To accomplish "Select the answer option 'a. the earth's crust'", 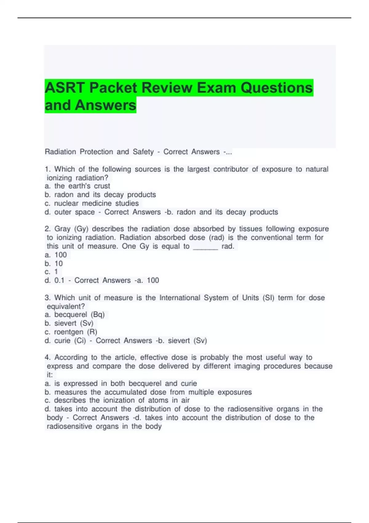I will point(77,186).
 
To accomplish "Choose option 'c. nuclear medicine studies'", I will point(92,203).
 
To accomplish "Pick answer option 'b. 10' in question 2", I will point(54,264).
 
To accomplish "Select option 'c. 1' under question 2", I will point(51,272).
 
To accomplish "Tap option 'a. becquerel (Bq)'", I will point(75,315).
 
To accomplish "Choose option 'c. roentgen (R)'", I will point(71,332).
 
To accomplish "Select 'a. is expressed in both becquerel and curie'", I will point(121,384).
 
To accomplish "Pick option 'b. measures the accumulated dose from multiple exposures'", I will point(148,392).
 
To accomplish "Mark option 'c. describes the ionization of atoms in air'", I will point(117,401).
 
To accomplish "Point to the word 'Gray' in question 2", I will point(62,229).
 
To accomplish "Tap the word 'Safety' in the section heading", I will point(143,152).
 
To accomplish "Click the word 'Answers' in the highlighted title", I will point(105,105).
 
